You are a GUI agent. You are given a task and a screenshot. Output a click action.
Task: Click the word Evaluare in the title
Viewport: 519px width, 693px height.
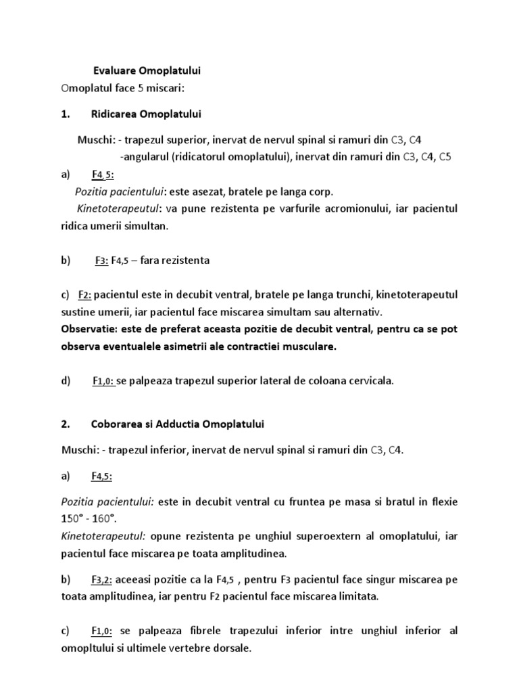click(x=112, y=70)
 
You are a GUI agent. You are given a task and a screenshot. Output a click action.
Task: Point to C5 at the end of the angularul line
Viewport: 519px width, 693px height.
click(x=445, y=157)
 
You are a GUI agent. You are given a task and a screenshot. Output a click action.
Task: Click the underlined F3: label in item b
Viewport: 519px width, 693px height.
click(x=102, y=260)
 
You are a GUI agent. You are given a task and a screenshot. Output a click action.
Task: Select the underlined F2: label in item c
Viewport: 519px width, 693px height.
click(x=85, y=295)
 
